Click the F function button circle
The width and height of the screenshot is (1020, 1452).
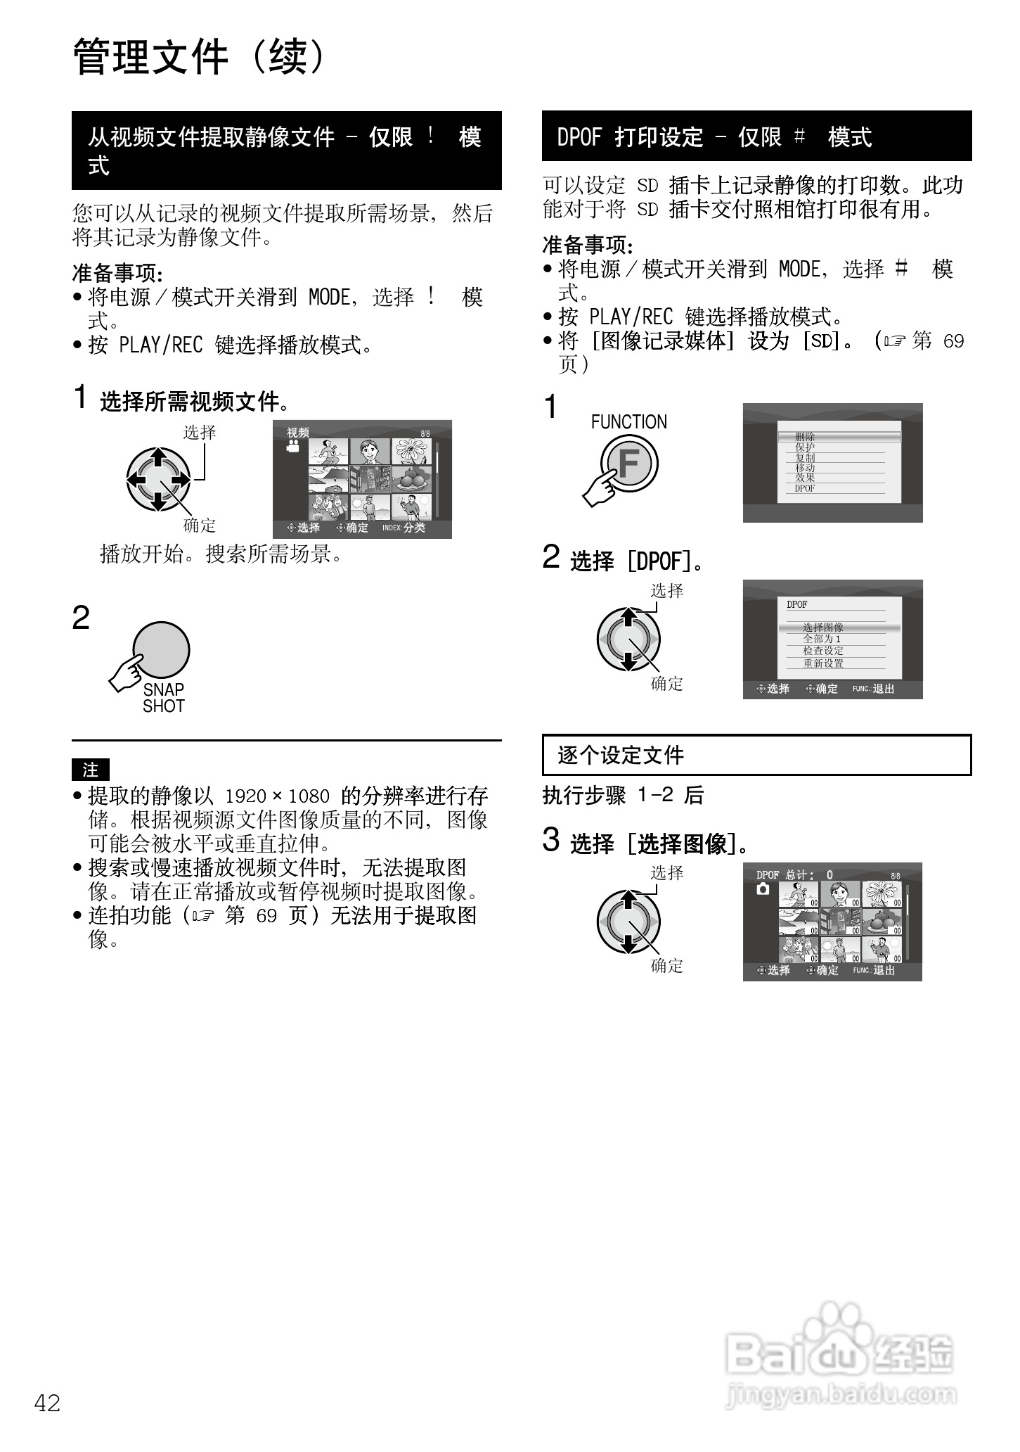pos(630,464)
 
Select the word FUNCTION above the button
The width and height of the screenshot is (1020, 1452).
pos(628,422)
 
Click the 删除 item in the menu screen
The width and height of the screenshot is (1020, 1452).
pos(806,437)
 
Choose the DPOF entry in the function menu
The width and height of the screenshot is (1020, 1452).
pos(805,488)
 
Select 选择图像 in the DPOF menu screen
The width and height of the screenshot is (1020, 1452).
pos(823,628)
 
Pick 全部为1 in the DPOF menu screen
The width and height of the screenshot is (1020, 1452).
pos(822,639)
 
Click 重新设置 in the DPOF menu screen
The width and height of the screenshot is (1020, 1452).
pos(823,663)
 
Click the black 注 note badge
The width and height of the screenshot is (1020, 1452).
pos(91,770)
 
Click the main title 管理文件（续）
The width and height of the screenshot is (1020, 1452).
pos(200,58)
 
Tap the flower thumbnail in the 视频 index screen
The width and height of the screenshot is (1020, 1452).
pos(411,452)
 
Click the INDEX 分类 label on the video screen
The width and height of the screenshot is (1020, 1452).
pos(404,528)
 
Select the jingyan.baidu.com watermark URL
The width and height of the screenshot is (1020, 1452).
pos(841,1394)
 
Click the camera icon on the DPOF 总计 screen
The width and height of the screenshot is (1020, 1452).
pos(763,889)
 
